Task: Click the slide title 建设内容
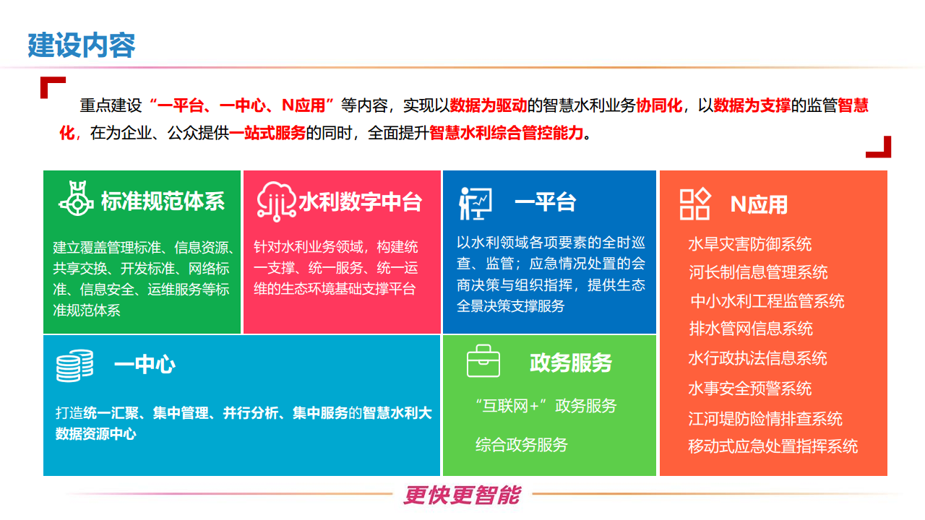click(82, 45)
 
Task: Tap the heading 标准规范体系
click(163, 201)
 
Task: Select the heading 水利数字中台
click(360, 201)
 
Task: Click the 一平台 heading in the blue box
click(545, 202)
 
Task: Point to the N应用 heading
click(759, 204)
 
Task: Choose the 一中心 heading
click(145, 365)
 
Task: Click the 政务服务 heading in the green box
click(571, 363)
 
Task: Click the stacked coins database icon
click(74, 365)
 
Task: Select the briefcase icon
click(483, 361)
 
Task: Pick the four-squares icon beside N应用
click(695, 204)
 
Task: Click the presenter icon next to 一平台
click(475, 203)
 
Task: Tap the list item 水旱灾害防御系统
click(750, 244)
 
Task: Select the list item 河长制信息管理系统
click(758, 272)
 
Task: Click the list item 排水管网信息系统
click(751, 329)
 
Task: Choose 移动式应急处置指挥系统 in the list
click(773, 446)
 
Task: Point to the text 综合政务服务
click(521, 445)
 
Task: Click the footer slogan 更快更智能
click(462, 495)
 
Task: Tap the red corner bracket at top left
click(51, 86)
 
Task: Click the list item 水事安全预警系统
click(750, 389)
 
